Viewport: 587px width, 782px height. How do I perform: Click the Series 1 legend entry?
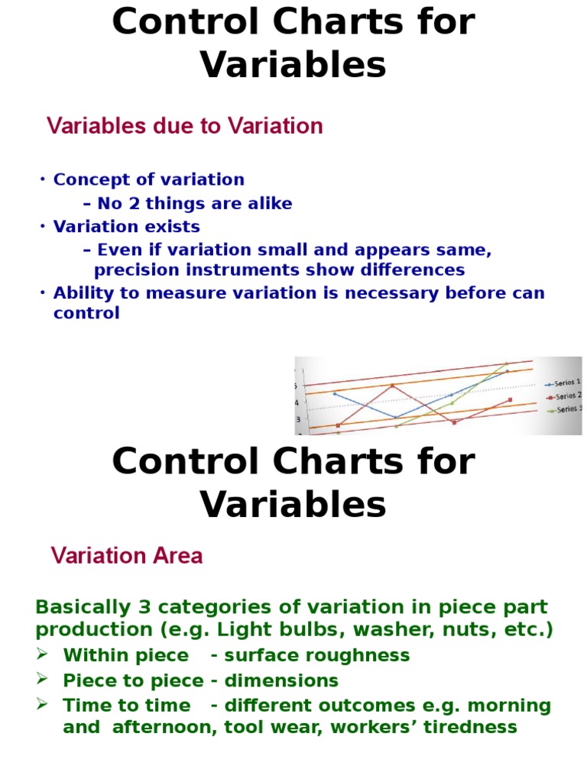pyautogui.click(x=564, y=382)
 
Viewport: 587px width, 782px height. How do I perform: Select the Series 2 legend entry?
pyautogui.click(x=564, y=396)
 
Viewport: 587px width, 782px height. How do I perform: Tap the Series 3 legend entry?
pyautogui.click(x=564, y=409)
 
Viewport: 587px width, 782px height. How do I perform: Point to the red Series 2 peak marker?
pyautogui.click(x=392, y=386)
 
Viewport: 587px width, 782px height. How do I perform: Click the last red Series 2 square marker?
pyautogui.click(x=510, y=400)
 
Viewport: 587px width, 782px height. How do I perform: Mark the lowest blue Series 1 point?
pyautogui.click(x=395, y=417)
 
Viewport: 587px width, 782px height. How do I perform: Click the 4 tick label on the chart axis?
pyautogui.click(x=299, y=402)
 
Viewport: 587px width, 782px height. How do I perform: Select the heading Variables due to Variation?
pyautogui.click(x=185, y=126)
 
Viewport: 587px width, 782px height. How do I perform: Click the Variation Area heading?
pyautogui.click(x=127, y=556)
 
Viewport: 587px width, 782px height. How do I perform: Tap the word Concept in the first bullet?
pyautogui.click(x=84, y=179)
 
